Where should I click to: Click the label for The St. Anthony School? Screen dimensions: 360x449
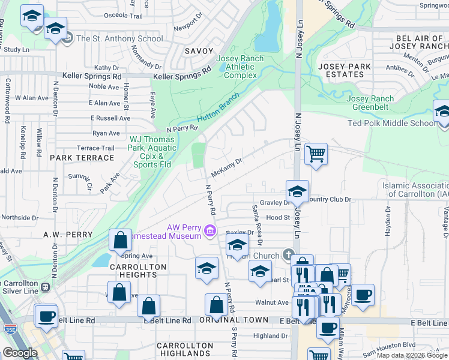(x=119, y=38)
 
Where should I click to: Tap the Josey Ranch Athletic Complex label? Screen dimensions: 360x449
(x=240, y=67)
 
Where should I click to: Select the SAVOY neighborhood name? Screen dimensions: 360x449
(x=199, y=52)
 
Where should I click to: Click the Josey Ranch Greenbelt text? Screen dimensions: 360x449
(x=370, y=103)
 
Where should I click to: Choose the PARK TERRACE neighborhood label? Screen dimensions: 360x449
(x=82, y=158)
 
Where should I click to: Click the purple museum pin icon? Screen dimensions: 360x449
(x=209, y=230)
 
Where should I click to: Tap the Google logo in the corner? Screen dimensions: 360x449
(x=19, y=353)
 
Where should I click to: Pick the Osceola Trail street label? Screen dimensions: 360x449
(x=123, y=16)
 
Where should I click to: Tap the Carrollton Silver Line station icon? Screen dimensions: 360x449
(x=45, y=287)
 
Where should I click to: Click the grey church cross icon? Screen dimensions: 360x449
(x=289, y=255)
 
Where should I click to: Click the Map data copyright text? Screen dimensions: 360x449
(x=412, y=355)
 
